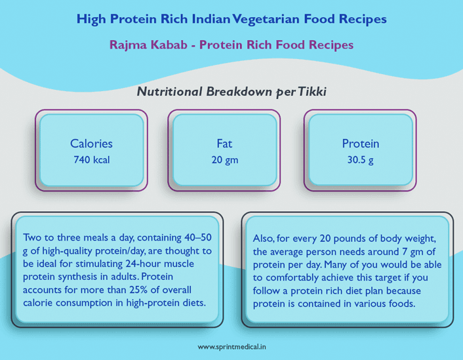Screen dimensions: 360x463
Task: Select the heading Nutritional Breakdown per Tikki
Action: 231,92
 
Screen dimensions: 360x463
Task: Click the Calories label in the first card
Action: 91,144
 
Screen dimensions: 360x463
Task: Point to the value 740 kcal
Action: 91,159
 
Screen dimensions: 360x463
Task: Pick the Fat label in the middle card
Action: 224,144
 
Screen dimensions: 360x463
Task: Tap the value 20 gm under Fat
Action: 224,159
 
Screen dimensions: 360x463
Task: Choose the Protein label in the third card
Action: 360,144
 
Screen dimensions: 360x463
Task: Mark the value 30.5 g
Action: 360,159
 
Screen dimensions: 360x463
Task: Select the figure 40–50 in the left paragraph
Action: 207,237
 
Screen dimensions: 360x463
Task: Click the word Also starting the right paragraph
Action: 264,238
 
